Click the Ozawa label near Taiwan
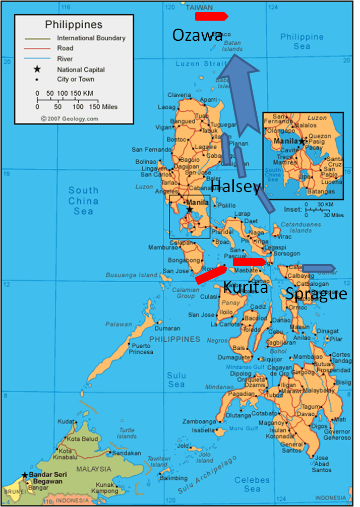click(197, 35)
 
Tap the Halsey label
click(235, 187)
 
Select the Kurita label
click(246, 287)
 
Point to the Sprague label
click(316, 294)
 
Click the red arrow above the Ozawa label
click(211, 17)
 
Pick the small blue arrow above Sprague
click(318, 268)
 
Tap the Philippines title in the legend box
click(74, 24)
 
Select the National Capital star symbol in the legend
click(36, 69)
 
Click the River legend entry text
click(65, 59)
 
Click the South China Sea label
click(84, 201)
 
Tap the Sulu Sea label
click(176, 379)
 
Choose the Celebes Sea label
click(252, 484)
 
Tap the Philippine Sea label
click(302, 41)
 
